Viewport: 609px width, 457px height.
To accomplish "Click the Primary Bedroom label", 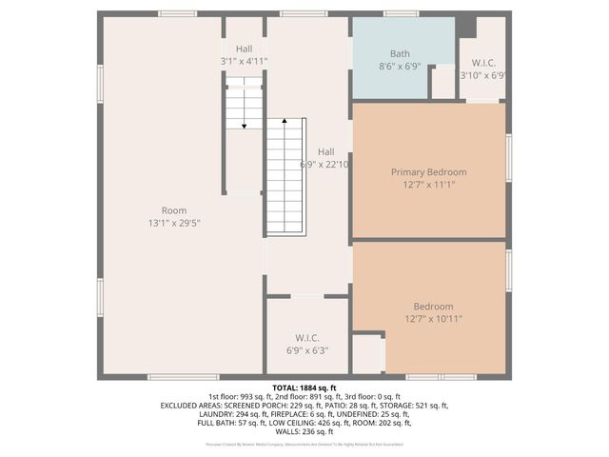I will pos(429,172).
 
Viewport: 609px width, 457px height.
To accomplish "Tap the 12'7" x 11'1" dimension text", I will pos(429,185).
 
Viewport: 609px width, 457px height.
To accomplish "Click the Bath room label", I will pos(400,54).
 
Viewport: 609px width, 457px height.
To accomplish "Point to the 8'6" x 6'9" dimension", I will pos(400,68).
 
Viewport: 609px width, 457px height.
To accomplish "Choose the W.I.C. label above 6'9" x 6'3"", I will pos(306,338).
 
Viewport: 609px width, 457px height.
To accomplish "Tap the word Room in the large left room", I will pos(174,210).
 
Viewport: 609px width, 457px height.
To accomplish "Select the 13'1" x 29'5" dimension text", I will pos(174,223).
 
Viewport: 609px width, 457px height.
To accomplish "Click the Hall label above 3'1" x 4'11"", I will pos(245,48).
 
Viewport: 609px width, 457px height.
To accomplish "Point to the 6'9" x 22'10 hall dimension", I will pos(325,165).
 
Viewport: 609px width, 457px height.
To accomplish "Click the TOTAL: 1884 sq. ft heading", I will pos(304,388).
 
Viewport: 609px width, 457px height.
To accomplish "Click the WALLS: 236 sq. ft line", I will pos(304,430).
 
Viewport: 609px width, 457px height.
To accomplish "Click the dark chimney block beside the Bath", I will pos(465,27).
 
